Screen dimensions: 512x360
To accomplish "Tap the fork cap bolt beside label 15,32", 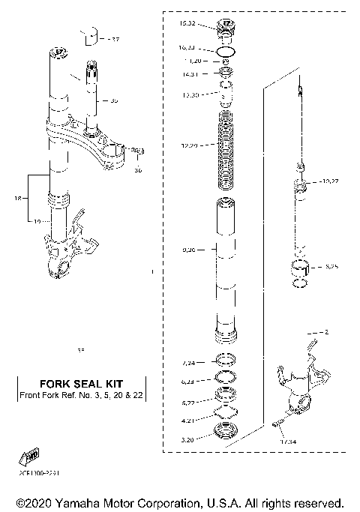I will click(226, 31).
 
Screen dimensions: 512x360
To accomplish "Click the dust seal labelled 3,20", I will click(225, 431).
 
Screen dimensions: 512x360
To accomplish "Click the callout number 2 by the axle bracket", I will click(325, 331).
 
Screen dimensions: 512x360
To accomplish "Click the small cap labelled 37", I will click(90, 34).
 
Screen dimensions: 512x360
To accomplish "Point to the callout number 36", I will click(137, 170).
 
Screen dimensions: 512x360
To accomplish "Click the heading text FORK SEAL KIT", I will click(80, 384).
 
